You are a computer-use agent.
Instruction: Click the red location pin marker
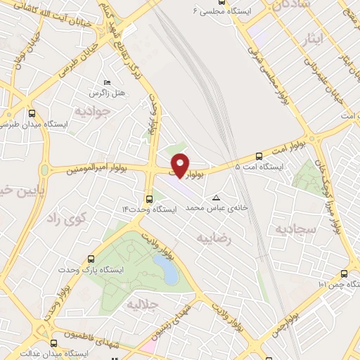point(181,165)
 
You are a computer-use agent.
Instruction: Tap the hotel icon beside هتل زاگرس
point(106,83)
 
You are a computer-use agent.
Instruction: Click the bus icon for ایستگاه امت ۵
point(259,156)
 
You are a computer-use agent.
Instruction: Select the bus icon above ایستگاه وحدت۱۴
point(149,198)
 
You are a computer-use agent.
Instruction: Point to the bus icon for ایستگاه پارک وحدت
point(90,259)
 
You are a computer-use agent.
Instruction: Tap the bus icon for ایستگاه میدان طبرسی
point(31,112)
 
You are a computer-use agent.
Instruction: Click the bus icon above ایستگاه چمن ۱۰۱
point(344,274)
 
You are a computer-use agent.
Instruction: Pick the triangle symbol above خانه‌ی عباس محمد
point(216,198)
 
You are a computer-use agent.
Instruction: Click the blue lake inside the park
point(165,269)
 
